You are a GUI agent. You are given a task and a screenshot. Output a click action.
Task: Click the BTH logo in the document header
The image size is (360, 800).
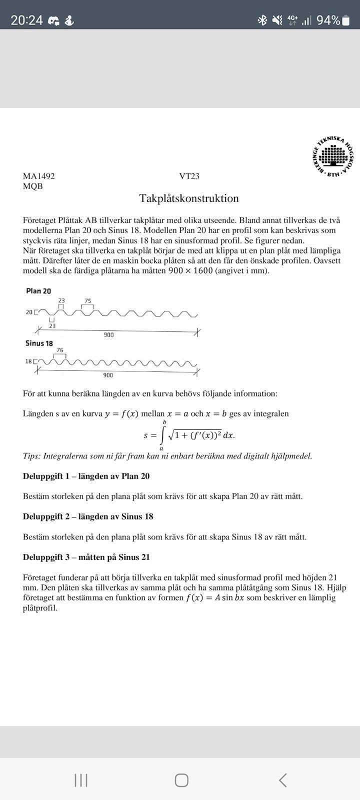tap(332, 157)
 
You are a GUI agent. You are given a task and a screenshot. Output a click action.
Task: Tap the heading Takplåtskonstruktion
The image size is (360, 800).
tap(189, 198)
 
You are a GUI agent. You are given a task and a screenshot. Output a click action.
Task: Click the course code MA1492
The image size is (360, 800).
tap(39, 176)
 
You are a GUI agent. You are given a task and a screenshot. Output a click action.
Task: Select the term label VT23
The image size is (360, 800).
tap(189, 176)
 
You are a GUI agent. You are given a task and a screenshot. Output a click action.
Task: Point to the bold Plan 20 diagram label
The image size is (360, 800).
tap(38, 291)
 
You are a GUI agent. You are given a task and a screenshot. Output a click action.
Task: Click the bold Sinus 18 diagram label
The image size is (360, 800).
tap(39, 343)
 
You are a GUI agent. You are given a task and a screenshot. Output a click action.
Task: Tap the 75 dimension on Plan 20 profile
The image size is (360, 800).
tap(88, 301)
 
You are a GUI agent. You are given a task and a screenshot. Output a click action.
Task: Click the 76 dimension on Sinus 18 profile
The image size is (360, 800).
tap(60, 350)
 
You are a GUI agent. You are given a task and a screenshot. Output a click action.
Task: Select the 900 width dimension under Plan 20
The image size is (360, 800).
tap(108, 334)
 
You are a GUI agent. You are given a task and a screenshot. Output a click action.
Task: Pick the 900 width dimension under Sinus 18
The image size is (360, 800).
tap(108, 375)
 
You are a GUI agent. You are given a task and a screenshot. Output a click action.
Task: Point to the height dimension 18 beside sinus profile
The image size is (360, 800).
tap(28, 361)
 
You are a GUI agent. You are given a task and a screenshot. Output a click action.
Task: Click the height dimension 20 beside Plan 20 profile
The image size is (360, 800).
tap(29, 312)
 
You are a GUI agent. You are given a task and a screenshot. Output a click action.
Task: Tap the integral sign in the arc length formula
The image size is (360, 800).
tap(162, 435)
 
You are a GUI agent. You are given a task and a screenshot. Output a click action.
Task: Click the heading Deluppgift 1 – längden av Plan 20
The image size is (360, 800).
tap(86, 476)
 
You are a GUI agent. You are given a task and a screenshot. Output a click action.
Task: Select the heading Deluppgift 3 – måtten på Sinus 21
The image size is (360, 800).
tap(86, 557)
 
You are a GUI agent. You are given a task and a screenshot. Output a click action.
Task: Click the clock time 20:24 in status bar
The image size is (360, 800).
tap(27, 20)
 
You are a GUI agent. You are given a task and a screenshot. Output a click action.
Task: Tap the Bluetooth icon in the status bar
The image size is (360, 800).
tap(262, 20)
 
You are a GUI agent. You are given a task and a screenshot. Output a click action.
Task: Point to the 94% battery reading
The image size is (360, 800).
tap(328, 20)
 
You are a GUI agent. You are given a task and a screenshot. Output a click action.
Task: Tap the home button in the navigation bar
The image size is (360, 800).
tap(181, 780)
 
